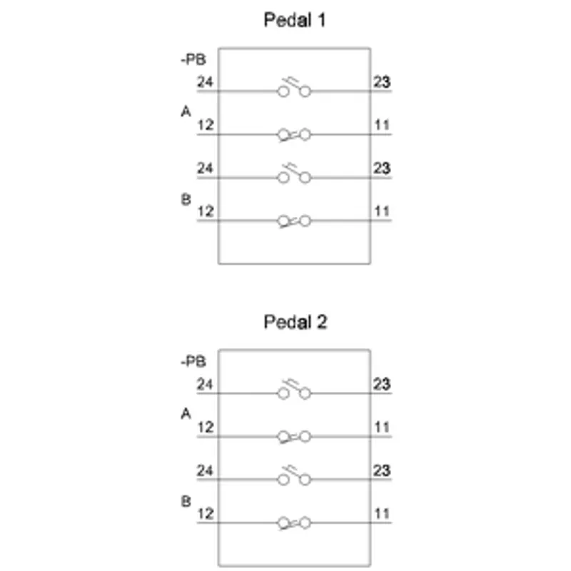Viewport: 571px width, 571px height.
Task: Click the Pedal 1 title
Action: tap(294, 20)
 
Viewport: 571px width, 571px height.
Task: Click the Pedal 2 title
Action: tap(295, 322)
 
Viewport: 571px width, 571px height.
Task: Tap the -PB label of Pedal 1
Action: tap(193, 59)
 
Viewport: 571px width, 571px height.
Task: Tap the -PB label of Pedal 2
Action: tap(193, 362)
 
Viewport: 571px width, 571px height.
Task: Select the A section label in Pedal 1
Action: tap(186, 111)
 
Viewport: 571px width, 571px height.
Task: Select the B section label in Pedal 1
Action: tap(186, 200)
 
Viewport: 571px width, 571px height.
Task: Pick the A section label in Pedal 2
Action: tap(186, 414)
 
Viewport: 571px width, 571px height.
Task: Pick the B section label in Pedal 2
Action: tap(186, 502)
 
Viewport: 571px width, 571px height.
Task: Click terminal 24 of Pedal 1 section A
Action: tap(205, 81)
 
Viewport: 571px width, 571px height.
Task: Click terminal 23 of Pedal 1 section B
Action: tap(382, 168)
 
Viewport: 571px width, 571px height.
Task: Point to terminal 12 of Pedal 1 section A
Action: tap(205, 125)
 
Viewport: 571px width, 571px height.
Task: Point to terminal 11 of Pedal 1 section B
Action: tap(382, 211)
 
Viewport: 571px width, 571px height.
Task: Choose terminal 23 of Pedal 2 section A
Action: tap(382, 384)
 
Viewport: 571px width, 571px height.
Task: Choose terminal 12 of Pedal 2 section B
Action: tap(205, 514)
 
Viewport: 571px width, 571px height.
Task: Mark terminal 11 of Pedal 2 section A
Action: tap(382, 427)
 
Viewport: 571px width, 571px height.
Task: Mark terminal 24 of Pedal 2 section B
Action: tap(205, 470)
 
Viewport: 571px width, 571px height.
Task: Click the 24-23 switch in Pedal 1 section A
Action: tap(294, 87)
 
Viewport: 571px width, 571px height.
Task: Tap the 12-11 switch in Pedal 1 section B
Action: tap(294, 221)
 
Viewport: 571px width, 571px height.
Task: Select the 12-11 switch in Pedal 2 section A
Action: tap(294, 437)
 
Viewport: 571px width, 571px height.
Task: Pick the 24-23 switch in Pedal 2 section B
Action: tap(294, 475)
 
